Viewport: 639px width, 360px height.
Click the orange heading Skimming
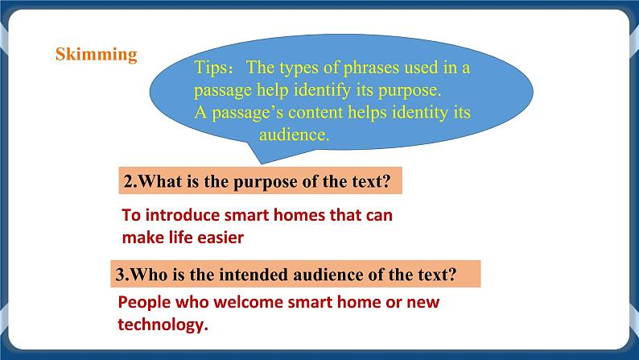click(96, 55)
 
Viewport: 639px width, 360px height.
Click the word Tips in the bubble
click(213, 68)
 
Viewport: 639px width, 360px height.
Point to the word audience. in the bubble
click(294, 135)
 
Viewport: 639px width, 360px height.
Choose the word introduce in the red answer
click(176, 216)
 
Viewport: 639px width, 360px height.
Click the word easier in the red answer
click(220, 238)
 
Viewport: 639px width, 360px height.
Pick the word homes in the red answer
click(289, 216)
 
